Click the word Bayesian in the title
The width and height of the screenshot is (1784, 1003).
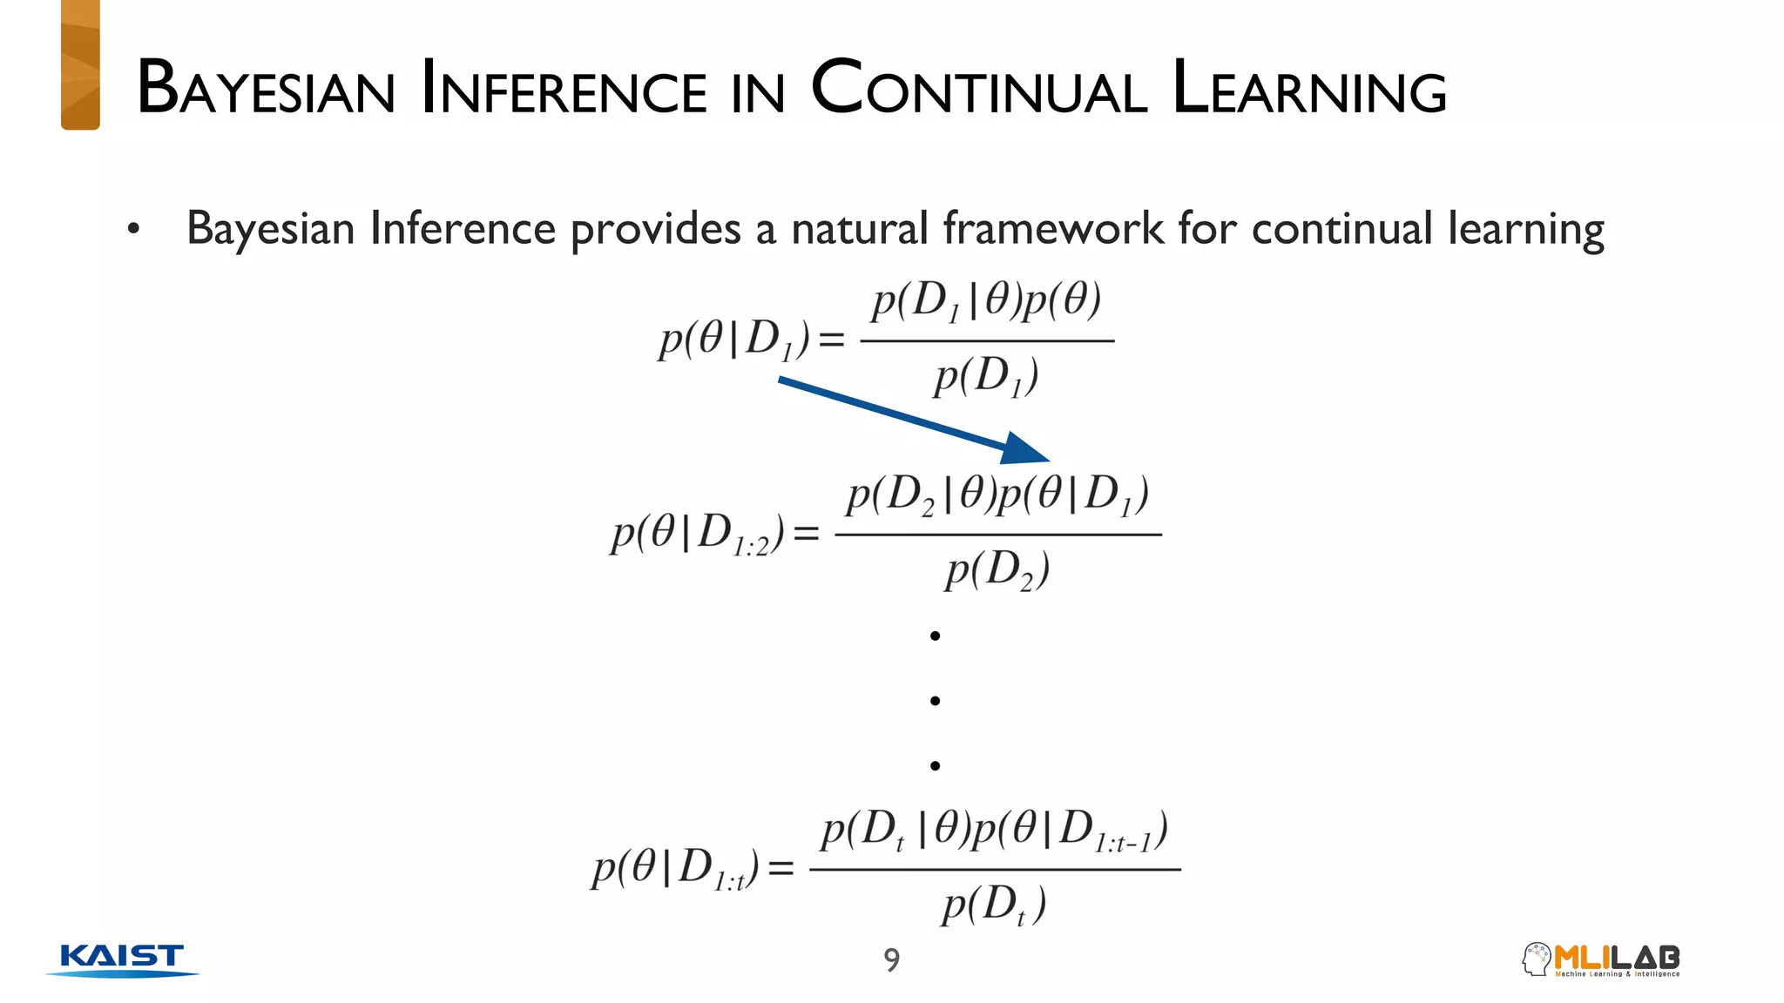pyautogui.click(x=266, y=89)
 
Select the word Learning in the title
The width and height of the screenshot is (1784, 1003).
pyautogui.click(x=1308, y=89)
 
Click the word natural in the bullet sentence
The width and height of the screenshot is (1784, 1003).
pyautogui.click(x=859, y=229)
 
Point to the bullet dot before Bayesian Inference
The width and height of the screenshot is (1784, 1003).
pyautogui.click(x=133, y=230)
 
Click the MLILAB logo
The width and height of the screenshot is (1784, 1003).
pyautogui.click(x=1601, y=959)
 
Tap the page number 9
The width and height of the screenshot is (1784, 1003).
pyautogui.click(x=891, y=959)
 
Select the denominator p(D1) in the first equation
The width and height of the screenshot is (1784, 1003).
pyautogui.click(x=986, y=377)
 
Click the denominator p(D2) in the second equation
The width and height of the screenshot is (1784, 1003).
pyautogui.click(x=997, y=571)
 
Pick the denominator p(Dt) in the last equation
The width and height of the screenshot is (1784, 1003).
pyautogui.click(x=993, y=905)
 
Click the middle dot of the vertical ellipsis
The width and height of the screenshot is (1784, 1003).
pyautogui.click(x=935, y=701)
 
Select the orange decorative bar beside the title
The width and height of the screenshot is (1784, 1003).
pyautogui.click(x=80, y=65)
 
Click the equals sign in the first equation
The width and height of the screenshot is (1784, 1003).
pyautogui.click(x=832, y=340)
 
